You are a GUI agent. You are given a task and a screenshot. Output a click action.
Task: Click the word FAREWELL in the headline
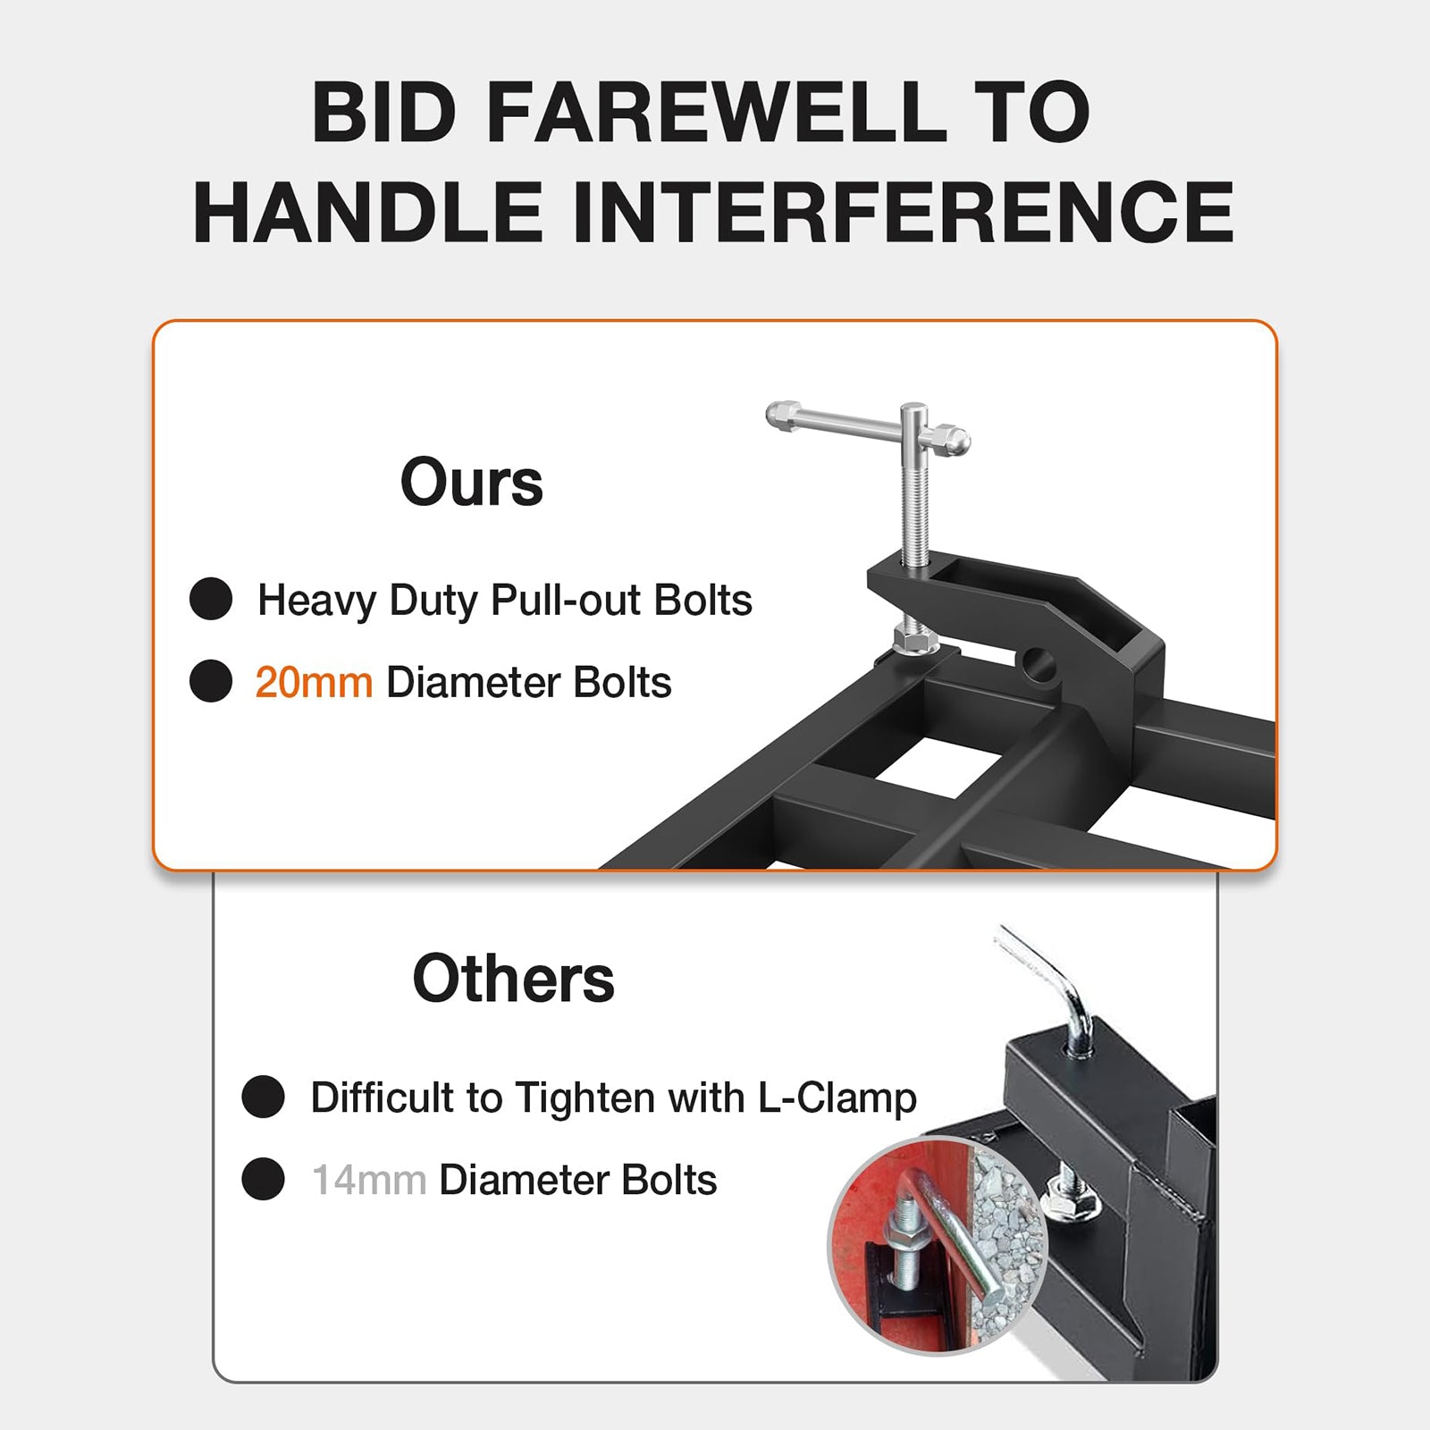click(715, 113)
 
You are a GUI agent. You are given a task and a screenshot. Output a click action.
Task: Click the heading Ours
click(471, 483)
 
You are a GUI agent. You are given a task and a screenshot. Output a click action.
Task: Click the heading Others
click(514, 979)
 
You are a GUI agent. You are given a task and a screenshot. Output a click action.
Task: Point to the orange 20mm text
click(314, 683)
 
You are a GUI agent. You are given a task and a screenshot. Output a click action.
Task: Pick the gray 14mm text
click(368, 1181)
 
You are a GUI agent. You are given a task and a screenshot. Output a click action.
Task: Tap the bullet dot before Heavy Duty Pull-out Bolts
click(211, 599)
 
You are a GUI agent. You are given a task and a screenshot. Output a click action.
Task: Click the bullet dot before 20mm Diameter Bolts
click(211, 681)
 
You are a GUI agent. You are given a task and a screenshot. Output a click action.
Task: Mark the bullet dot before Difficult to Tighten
click(263, 1097)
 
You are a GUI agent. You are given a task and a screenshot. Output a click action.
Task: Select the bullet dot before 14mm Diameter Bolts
click(263, 1179)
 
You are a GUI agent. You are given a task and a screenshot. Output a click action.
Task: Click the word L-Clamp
click(837, 1098)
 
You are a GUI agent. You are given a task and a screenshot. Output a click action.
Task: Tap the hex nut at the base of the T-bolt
click(915, 640)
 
